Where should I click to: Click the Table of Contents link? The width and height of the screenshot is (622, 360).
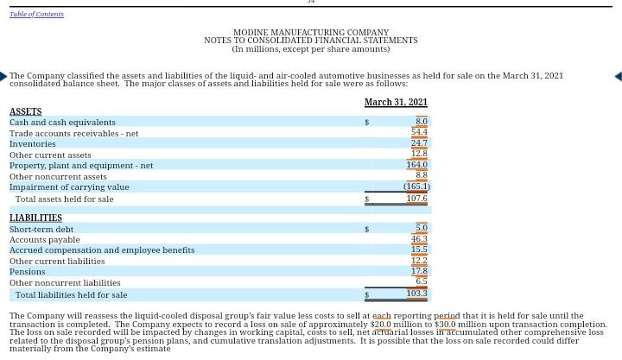[x=36, y=14]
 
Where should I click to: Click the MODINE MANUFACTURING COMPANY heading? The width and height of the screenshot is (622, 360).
[x=311, y=33]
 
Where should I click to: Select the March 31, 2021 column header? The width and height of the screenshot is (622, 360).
[x=396, y=103]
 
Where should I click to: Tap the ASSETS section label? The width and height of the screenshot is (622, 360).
[x=25, y=112]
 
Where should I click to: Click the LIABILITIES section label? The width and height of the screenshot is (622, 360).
[x=35, y=218]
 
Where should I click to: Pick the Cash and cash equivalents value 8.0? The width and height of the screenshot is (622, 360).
[x=421, y=123]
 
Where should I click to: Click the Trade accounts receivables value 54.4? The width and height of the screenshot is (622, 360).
[x=419, y=133]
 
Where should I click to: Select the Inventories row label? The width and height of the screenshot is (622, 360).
[x=32, y=144]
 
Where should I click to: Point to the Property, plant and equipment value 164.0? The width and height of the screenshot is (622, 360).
[x=416, y=165]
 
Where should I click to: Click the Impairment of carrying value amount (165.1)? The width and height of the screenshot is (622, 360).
[x=416, y=186]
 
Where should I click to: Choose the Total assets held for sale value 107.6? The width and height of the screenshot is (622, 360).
[x=416, y=199]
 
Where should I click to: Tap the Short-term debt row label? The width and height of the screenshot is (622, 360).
[x=41, y=230]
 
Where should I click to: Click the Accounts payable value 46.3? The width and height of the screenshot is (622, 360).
[x=419, y=239]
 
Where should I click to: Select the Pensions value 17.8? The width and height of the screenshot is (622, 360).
[x=419, y=271]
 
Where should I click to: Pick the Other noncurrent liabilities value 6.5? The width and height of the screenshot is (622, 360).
[x=421, y=281]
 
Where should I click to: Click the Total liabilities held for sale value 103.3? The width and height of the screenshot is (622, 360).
[x=416, y=294]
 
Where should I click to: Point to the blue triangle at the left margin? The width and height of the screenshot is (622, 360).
[x=3, y=77]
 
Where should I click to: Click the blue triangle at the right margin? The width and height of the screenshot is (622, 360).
[x=618, y=77]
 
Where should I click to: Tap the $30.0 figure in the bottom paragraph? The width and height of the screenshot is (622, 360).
[x=445, y=325]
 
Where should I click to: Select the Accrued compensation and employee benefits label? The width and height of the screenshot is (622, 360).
[x=102, y=250]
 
